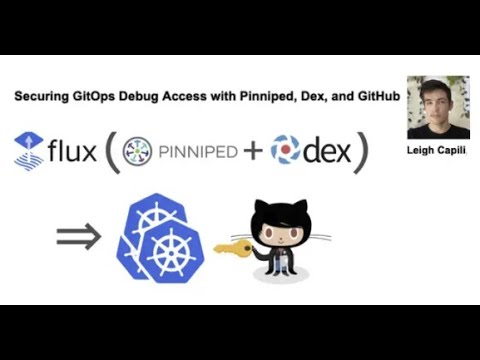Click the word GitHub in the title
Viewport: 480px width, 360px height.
[x=373, y=96]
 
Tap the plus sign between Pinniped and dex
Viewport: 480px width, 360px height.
[x=254, y=152]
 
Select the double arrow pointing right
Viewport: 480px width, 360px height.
[x=78, y=237]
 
